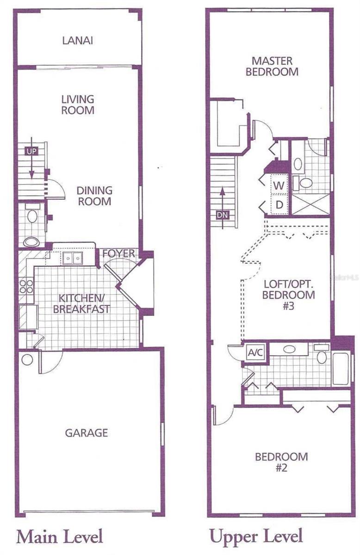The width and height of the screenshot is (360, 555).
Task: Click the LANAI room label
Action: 78,40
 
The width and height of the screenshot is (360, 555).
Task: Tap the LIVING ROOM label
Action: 78,105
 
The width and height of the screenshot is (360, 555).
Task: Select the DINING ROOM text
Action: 94,196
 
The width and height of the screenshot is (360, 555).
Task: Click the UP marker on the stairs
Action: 31,151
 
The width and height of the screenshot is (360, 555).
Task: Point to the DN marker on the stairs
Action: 222,215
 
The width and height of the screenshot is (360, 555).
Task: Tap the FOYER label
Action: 119,253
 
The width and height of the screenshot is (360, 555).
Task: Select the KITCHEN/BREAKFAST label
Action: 81,303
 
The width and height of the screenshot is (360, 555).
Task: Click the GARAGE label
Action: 87,433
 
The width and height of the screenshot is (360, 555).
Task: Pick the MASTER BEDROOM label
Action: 272,66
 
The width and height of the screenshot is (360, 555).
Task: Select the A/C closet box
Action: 255,353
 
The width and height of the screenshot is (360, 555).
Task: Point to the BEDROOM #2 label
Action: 281,462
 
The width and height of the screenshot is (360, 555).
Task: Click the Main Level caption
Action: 60,537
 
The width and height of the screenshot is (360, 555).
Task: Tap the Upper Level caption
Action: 256,537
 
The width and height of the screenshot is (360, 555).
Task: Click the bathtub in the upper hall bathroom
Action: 342,368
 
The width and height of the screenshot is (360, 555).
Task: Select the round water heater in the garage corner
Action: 27,359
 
